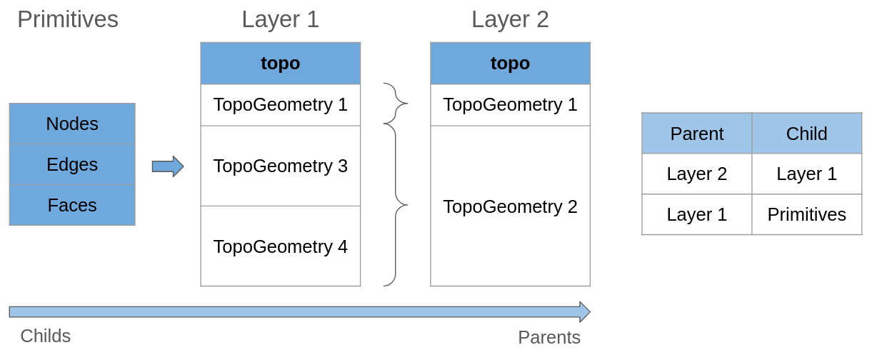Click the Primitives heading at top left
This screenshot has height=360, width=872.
(68, 19)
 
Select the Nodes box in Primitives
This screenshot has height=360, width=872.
(72, 124)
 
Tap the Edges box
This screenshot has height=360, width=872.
(72, 164)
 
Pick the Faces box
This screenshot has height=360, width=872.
(72, 205)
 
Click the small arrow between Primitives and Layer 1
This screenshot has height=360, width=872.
(168, 166)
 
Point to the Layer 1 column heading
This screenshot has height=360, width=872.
(280, 19)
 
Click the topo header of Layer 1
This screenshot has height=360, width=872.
(280, 63)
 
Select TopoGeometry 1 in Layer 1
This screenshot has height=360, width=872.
(280, 104)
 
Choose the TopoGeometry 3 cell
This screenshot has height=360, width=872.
(280, 166)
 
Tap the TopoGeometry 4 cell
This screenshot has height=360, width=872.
(280, 246)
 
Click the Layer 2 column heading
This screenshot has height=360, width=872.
(510, 19)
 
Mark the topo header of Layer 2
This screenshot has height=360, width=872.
(510, 63)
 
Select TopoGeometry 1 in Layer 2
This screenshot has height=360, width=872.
(510, 104)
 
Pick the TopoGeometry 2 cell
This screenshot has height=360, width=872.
(510, 206)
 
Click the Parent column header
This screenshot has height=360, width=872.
(696, 134)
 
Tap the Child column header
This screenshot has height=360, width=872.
(806, 134)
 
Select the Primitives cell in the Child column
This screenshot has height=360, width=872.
(806, 214)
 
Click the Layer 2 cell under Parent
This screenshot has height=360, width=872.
(696, 174)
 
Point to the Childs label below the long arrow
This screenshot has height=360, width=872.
(46, 336)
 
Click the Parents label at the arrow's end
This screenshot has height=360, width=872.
(549, 337)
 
